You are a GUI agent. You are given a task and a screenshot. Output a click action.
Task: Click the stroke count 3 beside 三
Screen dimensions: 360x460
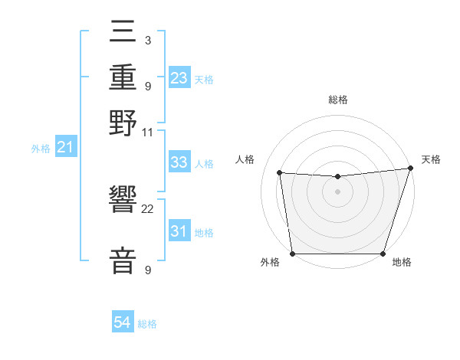click(x=148, y=41)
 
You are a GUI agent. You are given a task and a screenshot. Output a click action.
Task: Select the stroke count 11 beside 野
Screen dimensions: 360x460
click(x=148, y=132)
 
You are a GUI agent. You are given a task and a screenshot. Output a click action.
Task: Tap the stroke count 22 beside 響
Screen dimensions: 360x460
click(x=148, y=208)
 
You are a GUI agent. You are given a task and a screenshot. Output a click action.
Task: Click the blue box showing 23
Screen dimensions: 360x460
click(x=179, y=77)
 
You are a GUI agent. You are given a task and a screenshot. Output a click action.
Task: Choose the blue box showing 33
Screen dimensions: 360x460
click(x=179, y=162)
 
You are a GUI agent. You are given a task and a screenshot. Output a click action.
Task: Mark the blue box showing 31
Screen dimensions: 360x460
click(x=179, y=231)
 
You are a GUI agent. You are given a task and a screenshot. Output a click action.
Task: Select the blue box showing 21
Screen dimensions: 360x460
click(x=65, y=147)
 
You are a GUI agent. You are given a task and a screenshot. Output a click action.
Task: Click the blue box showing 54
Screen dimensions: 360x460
click(x=123, y=323)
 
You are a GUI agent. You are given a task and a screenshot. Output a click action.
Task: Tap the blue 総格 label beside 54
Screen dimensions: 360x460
click(x=147, y=324)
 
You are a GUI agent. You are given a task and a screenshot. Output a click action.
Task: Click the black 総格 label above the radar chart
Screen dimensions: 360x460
click(x=337, y=100)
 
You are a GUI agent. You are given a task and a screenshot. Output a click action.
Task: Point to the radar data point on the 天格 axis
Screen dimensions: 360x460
click(x=410, y=168)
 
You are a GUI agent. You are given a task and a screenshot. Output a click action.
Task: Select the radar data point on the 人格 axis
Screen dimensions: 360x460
click(x=280, y=173)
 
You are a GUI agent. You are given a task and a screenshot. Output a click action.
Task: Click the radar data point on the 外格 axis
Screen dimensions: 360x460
click(x=292, y=254)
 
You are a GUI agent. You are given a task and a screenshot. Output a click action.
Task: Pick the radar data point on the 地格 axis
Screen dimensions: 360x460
click(x=383, y=254)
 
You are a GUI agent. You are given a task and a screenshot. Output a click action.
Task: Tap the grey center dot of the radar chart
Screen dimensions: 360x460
click(x=337, y=191)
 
